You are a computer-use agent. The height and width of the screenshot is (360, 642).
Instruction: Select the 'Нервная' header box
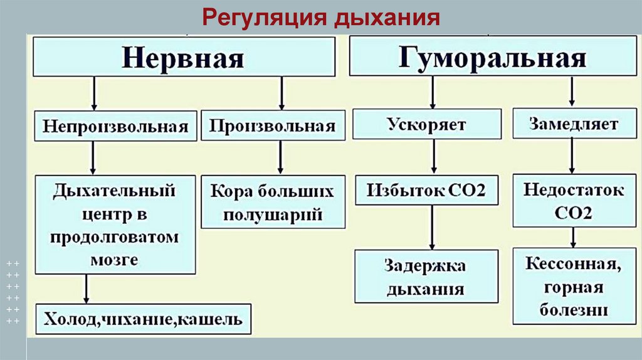tap(183, 58)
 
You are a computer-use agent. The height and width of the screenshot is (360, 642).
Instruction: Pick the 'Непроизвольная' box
tap(116, 126)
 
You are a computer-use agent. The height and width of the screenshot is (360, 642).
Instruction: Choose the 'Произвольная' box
tap(272, 125)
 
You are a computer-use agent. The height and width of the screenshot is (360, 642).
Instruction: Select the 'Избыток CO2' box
tap(426, 190)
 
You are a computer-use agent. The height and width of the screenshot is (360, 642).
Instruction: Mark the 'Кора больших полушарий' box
tap(272, 202)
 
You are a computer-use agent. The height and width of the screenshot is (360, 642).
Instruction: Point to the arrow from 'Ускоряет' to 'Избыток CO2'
tap(433, 157)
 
